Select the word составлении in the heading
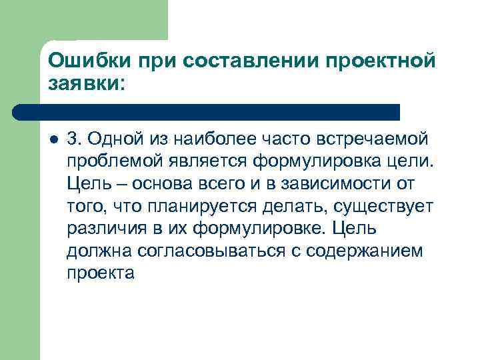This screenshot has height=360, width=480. click(247, 61)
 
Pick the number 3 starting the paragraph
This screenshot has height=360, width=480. click(73, 139)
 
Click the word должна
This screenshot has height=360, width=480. click(94, 251)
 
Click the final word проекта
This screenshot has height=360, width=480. click(101, 273)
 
